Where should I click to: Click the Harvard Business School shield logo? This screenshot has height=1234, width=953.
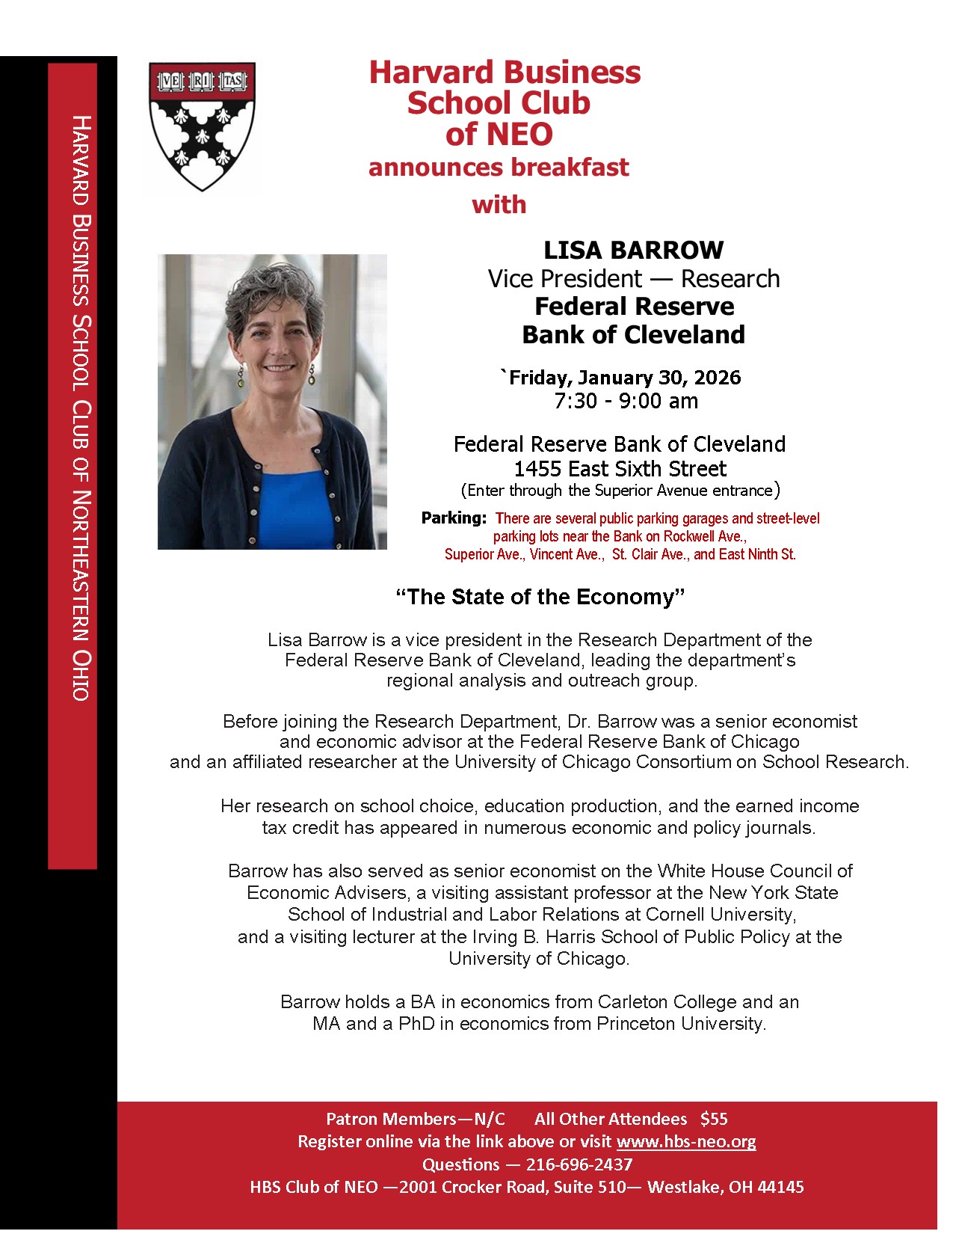point(203,126)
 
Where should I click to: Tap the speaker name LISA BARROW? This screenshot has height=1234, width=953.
point(633,250)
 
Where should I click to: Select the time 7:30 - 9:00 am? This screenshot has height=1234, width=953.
point(626,401)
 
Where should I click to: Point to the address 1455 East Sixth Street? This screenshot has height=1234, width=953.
point(620,469)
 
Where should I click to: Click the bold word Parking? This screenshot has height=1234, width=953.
point(454,518)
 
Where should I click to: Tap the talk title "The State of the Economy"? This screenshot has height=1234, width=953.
point(540,597)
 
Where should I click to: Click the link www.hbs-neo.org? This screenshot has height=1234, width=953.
point(685,1141)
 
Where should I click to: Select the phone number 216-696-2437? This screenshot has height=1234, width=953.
point(579,1164)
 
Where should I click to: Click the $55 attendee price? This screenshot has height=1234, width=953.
point(714,1119)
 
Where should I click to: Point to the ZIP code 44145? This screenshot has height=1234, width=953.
point(780,1187)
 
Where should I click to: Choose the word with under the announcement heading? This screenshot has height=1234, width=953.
point(499,204)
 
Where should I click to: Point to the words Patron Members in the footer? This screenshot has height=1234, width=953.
point(390,1119)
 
